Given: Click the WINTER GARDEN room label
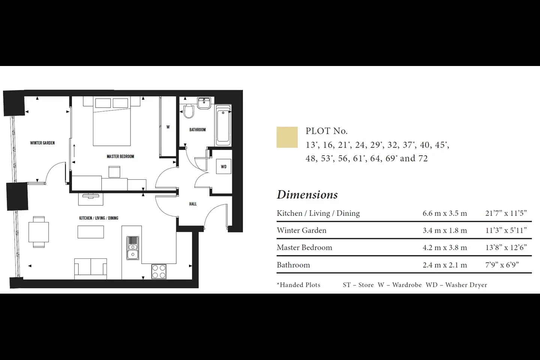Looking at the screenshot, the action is coord(42,143).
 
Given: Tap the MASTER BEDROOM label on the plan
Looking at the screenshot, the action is coord(120,156).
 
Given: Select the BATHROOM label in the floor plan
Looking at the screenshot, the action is coord(197,130).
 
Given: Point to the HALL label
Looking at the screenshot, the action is coord(193,204).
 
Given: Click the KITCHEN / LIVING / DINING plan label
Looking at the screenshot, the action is coord(99,218).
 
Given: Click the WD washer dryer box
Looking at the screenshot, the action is coord(224,166).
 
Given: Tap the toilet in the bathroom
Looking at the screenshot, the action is coord(189,111).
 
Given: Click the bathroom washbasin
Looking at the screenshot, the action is coord(204,103).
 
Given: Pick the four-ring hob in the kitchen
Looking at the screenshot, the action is coord(159,271).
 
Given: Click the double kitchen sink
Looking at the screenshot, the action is coord(133,248).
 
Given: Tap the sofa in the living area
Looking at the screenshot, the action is coord(91,269).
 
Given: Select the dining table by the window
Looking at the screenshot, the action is coord(39,232).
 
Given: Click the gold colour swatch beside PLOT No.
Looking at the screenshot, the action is coord(287,137).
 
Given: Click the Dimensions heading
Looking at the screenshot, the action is coord(307,195).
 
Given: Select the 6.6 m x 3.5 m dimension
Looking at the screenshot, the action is coord(445,213).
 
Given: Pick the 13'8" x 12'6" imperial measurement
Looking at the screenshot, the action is coord(506,247).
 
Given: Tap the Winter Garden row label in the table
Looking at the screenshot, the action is coord(301,231).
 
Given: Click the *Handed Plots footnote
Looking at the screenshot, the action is coord(298,285).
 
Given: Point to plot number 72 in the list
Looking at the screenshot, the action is coord(423,158).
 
